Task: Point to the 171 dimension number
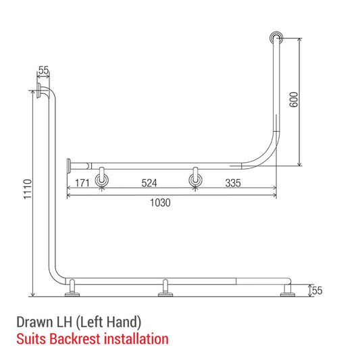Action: [83, 183]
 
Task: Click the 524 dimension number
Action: [149, 183]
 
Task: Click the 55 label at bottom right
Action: [317, 291]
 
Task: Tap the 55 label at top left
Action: [44, 70]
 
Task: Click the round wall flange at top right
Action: [277, 37]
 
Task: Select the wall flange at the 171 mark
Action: [102, 179]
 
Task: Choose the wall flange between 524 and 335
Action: [195, 179]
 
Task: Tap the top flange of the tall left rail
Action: [44, 93]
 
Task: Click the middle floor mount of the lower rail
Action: [163, 290]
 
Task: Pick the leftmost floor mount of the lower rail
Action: [70, 290]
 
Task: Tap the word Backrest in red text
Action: [87, 338]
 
